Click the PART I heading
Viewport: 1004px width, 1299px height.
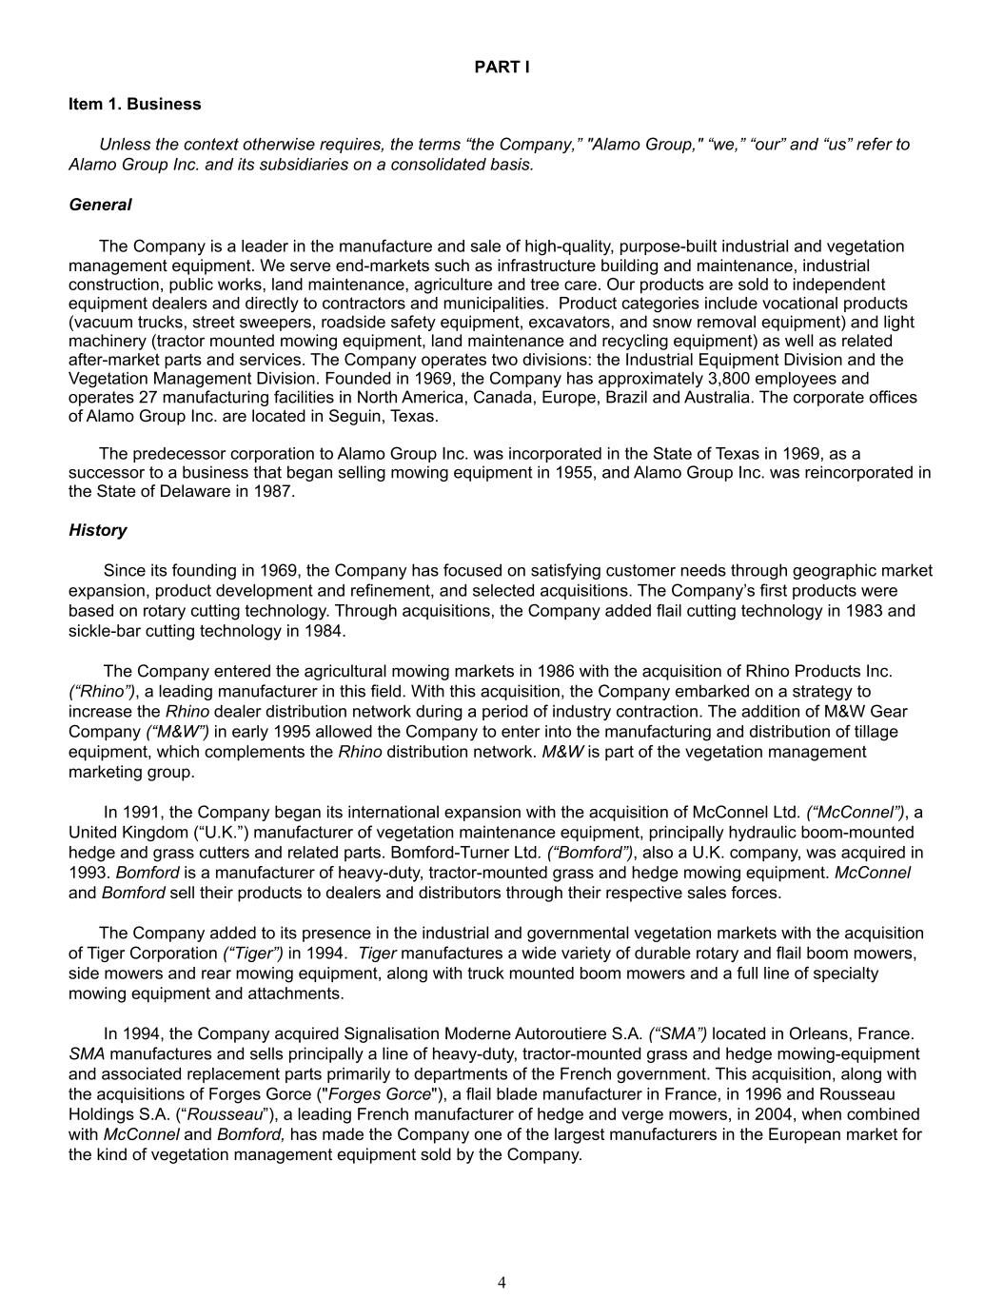point(502,67)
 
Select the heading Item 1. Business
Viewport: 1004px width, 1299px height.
point(134,104)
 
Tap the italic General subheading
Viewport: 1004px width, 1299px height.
point(100,205)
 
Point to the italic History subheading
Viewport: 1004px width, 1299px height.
point(97,530)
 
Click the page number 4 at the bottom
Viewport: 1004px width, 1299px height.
point(502,1282)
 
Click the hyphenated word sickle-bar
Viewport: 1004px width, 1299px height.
point(103,631)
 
